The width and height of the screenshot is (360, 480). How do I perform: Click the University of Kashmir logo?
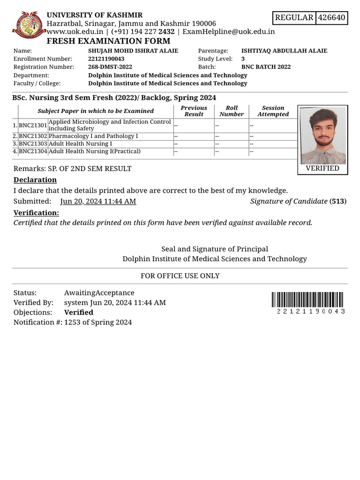(x=29, y=26)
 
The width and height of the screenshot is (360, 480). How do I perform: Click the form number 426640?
(x=331, y=18)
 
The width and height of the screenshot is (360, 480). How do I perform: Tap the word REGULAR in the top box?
(x=294, y=18)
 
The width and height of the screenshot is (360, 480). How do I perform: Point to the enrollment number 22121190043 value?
(x=106, y=59)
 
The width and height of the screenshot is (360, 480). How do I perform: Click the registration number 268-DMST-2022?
(x=110, y=67)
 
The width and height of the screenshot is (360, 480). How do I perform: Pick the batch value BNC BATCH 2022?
(x=266, y=67)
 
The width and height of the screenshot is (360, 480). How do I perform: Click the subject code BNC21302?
(x=33, y=136)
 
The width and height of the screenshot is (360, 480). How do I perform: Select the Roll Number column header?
(x=232, y=111)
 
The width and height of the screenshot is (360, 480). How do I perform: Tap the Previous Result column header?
(x=194, y=111)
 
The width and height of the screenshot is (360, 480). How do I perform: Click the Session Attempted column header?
(x=273, y=111)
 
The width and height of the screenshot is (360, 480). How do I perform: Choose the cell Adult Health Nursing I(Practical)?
(x=95, y=151)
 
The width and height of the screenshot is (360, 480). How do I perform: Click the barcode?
(x=308, y=300)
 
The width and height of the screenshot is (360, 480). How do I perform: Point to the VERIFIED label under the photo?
(x=322, y=168)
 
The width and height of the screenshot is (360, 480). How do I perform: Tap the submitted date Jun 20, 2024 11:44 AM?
(x=98, y=201)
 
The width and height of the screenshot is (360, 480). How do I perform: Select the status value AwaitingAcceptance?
(x=99, y=292)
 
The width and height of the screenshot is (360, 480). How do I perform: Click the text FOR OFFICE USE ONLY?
(x=180, y=276)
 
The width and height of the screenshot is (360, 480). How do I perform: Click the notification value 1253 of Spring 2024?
(x=98, y=322)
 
